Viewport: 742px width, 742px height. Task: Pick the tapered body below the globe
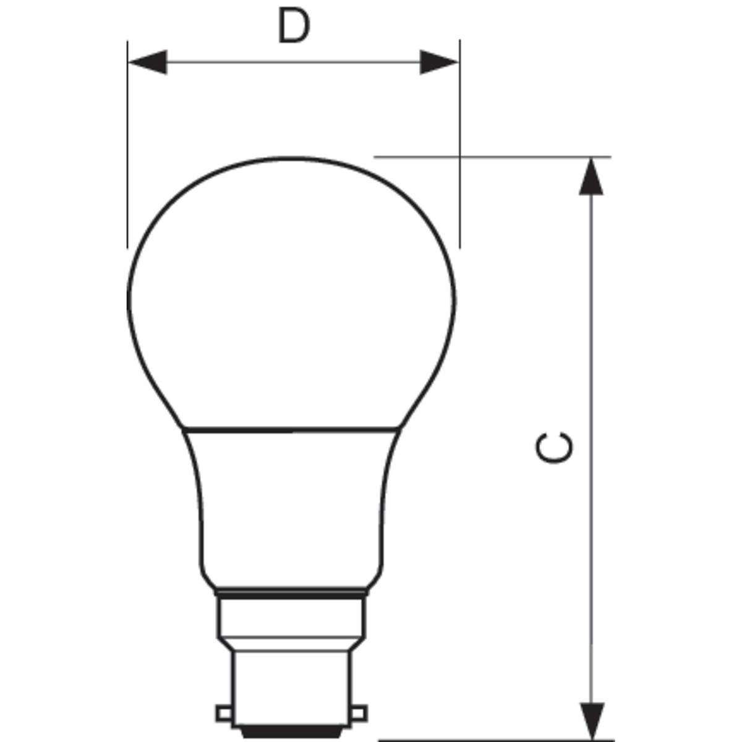pos(292,507)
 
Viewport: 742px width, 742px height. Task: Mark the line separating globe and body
pos(292,429)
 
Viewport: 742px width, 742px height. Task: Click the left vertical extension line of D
pos(127,155)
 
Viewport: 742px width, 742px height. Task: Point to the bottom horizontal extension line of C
pos(495,740)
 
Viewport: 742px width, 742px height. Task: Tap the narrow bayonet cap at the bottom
pos(291,693)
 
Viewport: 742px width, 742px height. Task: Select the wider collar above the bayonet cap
pos(291,618)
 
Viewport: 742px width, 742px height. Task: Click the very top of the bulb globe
pos(292,158)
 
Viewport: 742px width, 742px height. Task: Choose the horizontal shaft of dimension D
pos(293,62)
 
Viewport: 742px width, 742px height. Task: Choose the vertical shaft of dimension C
pos(592,371)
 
